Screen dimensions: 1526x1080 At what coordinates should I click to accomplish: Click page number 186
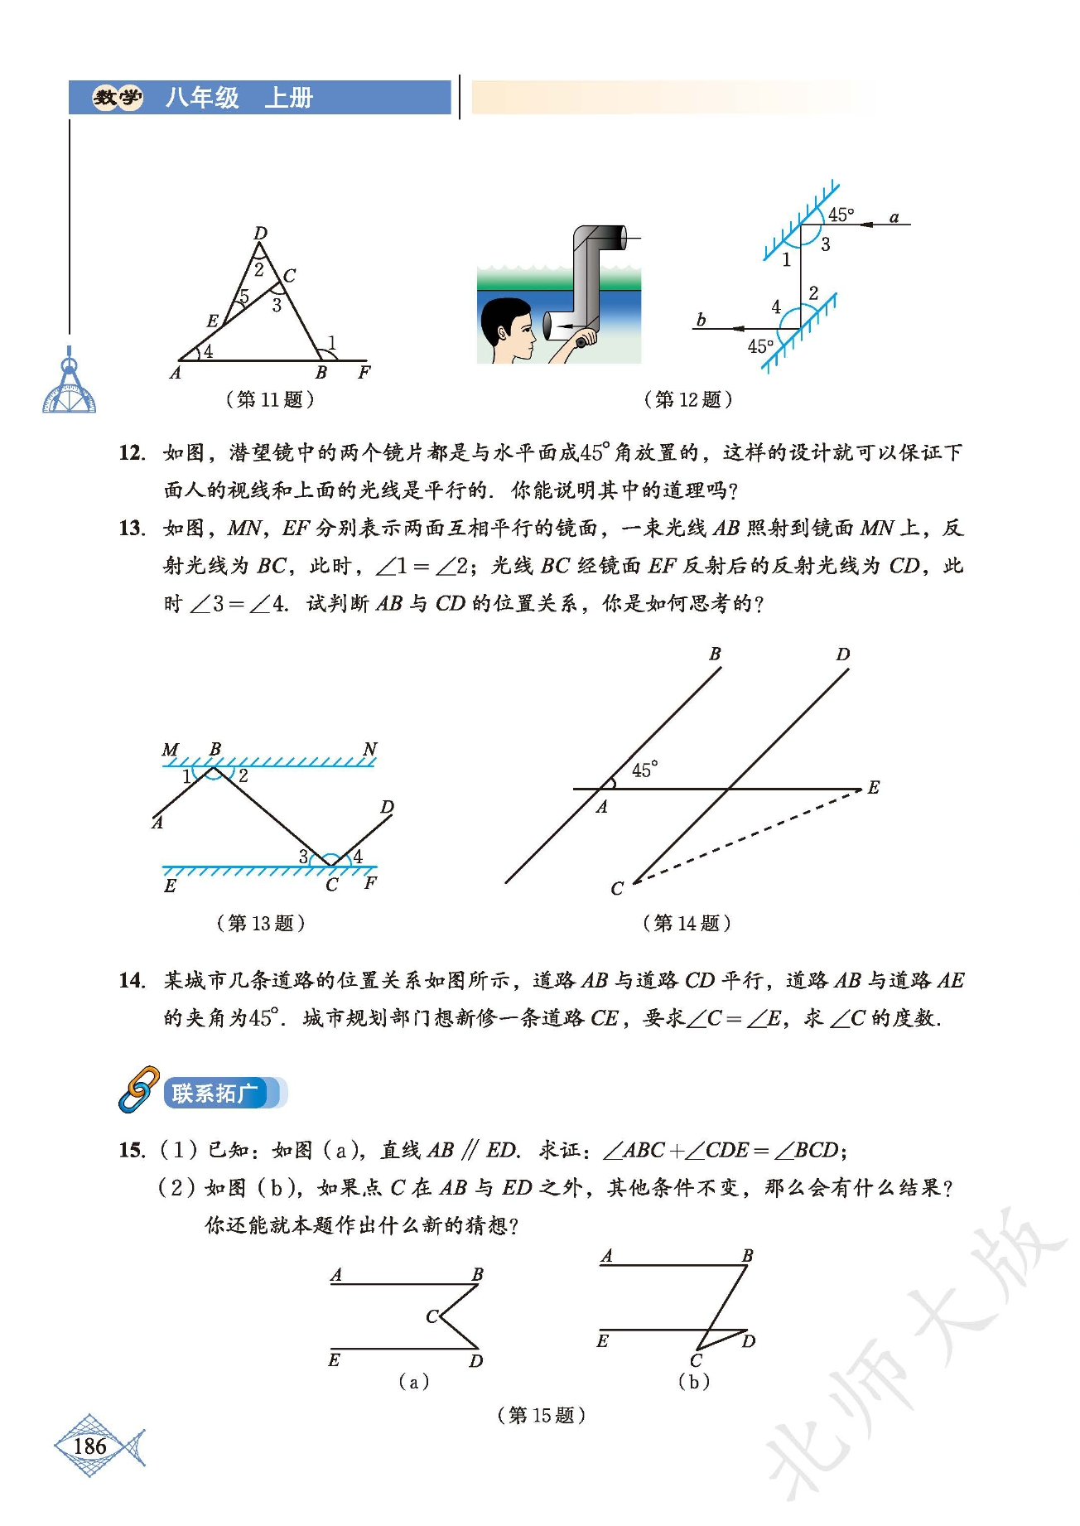(89, 1446)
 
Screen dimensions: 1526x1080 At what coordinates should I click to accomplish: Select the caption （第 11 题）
(270, 399)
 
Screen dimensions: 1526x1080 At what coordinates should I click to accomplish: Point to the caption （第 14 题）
(687, 923)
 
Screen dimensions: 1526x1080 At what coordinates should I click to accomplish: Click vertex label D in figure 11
(260, 233)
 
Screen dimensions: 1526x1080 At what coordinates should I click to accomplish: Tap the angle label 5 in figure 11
(243, 296)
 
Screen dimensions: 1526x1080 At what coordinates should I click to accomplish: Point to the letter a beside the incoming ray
(894, 217)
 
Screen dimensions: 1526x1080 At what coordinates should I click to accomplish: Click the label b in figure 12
(701, 319)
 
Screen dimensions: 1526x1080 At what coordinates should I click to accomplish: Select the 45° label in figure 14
(644, 770)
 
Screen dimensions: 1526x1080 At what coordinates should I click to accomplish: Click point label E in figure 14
(873, 787)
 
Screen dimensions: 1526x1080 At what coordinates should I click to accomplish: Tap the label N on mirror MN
(369, 749)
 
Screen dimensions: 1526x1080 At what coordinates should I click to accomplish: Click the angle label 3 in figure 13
(303, 856)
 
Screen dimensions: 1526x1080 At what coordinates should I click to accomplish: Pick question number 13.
(132, 528)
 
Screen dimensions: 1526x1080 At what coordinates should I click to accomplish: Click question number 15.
(132, 1150)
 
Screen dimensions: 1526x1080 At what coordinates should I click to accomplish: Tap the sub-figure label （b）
(694, 1381)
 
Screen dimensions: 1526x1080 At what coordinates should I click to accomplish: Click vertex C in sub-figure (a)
(431, 1316)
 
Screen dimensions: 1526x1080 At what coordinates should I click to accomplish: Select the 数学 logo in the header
(118, 98)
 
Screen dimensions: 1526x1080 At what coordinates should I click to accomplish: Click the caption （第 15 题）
(541, 1415)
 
